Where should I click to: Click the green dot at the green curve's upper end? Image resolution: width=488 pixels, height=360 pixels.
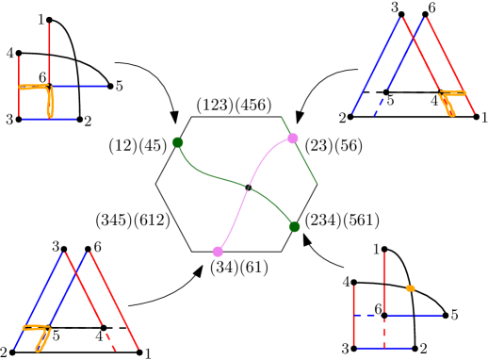tap(177, 142)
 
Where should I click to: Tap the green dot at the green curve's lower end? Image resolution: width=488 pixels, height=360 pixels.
tap(294, 226)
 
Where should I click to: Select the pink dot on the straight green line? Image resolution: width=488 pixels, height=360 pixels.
tap(293, 139)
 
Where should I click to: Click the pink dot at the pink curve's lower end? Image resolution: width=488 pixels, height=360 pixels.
tap(218, 252)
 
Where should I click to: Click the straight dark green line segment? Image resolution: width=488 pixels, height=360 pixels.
tap(306, 163)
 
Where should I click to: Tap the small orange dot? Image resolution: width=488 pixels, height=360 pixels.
tap(410, 288)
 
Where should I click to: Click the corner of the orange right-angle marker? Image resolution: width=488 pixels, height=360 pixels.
tap(49, 87)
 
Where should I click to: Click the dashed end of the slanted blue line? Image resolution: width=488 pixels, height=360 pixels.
tap(379, 106)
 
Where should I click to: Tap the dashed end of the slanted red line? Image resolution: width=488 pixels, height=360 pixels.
tap(109, 341)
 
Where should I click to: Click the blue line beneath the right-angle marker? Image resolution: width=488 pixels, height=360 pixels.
tap(49, 119)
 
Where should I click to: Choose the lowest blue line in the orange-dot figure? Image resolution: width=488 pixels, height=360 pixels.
tap(383, 348)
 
